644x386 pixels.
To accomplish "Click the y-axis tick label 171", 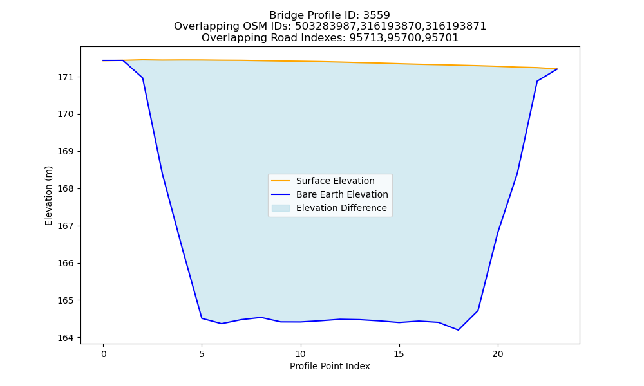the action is [x=64, y=77].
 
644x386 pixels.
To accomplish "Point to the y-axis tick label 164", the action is [x=64, y=338].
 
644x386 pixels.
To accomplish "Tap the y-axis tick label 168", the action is [x=64, y=189].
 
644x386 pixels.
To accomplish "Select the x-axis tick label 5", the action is [x=202, y=354].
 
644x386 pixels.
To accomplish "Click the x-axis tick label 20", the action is [x=498, y=354].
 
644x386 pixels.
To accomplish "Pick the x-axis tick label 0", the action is [x=103, y=354].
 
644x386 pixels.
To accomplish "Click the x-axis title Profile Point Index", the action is [x=330, y=366].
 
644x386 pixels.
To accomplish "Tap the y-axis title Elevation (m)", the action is [x=49, y=196].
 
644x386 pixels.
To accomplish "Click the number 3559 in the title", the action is [x=377, y=15].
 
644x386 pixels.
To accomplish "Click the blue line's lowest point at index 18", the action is [x=459, y=330].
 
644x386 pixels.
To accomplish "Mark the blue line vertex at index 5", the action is [x=202, y=318].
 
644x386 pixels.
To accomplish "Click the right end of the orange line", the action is [x=557, y=69].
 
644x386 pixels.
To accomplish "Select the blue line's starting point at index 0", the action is [x=103, y=60].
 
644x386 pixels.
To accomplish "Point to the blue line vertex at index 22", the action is [x=537, y=81].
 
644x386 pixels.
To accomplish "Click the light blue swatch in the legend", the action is [x=281, y=208].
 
